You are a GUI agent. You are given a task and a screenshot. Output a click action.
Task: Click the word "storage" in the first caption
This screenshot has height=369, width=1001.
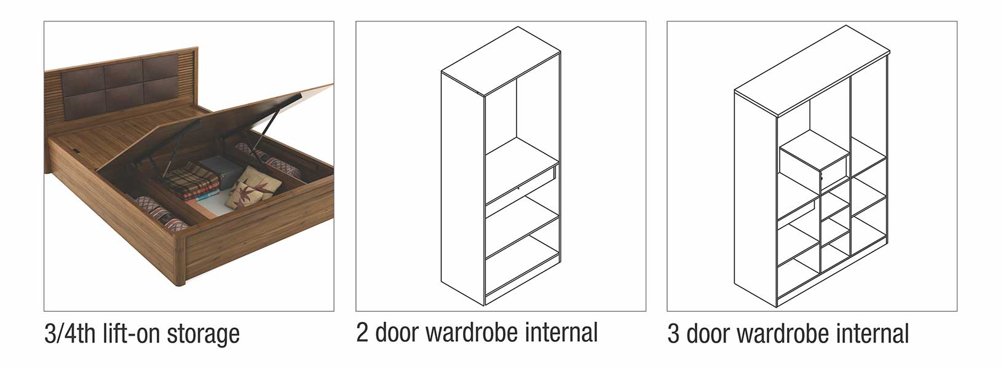[x=204, y=334]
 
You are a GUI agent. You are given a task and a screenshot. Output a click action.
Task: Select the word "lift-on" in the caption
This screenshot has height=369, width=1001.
[x=131, y=333]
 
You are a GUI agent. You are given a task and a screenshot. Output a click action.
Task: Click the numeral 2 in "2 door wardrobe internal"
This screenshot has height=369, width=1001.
[x=362, y=332]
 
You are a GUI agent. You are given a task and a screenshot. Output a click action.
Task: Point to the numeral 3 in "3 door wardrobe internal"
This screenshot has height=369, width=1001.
[x=673, y=334]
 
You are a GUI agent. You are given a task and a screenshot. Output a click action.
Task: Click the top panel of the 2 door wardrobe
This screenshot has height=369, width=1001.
[x=501, y=60]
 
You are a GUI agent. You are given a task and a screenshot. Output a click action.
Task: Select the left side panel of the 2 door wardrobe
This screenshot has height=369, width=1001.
[x=463, y=188]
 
